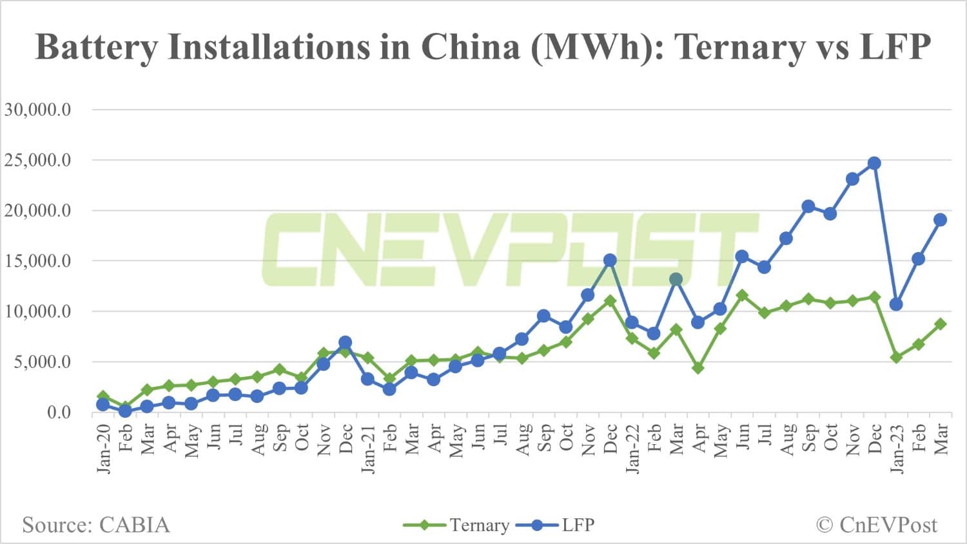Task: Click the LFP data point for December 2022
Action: [874, 163]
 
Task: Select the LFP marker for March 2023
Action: [940, 220]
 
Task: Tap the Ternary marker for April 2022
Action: [698, 368]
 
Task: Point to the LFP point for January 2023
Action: [896, 304]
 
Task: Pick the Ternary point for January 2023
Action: [896, 357]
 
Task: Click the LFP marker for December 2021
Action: [610, 260]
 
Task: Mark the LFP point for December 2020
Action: [345, 342]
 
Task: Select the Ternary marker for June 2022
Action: [742, 295]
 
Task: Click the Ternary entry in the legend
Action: [456, 525]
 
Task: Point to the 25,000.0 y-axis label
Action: [37, 160]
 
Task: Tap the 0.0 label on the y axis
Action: [59, 412]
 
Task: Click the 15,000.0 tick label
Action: [37, 261]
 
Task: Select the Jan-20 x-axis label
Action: [104, 448]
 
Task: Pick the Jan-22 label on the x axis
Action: [632, 448]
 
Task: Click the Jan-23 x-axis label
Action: [897, 448]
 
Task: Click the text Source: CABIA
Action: [96, 525]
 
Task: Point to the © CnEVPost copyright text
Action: [877, 525]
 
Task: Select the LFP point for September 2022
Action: [808, 206]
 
